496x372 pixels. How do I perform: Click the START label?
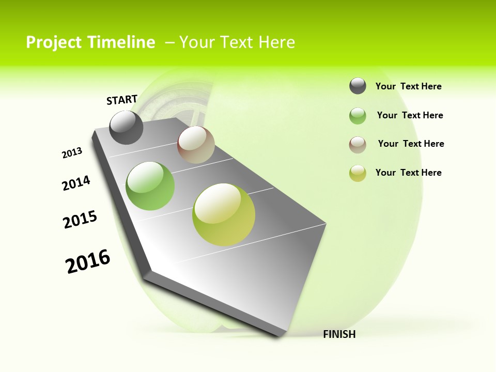(122, 99)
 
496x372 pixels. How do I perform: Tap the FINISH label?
(339, 334)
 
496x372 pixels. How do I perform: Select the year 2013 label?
(72, 153)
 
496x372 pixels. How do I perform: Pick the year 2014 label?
(76, 183)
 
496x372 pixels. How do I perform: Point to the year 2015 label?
(80, 219)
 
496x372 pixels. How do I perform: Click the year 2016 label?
(88, 261)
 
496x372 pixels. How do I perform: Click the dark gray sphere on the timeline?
(127, 127)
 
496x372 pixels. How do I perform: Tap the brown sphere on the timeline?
(196, 145)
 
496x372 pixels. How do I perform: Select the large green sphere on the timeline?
(150, 186)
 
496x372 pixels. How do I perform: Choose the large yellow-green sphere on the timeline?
(224, 214)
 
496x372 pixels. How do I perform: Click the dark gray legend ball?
(358, 86)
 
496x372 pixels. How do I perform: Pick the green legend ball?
(358, 116)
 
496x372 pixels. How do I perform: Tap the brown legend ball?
(358, 144)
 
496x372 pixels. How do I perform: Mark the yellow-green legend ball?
(358, 173)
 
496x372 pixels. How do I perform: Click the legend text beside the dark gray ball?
(408, 86)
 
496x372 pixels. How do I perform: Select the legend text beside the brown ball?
(411, 144)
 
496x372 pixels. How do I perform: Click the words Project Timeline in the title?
(90, 42)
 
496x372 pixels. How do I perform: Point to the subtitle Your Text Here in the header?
(237, 42)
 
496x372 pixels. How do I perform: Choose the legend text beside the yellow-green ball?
(408, 173)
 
